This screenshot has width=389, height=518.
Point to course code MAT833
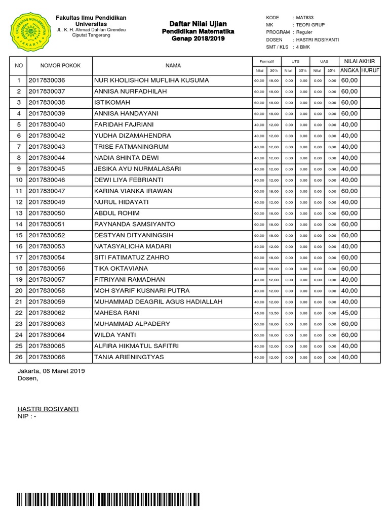[305, 18]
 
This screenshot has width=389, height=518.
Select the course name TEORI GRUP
[310, 25]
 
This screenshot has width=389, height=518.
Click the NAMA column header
[173, 65]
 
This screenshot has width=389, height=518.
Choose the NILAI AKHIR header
[359, 61]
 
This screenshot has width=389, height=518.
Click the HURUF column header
[370, 70]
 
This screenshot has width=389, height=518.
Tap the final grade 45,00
[349, 313]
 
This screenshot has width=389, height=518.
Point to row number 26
[19, 357]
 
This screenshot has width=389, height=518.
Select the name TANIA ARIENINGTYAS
[129, 357]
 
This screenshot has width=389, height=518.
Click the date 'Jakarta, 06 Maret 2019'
[51, 371]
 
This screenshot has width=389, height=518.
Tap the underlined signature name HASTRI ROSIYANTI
[48, 409]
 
